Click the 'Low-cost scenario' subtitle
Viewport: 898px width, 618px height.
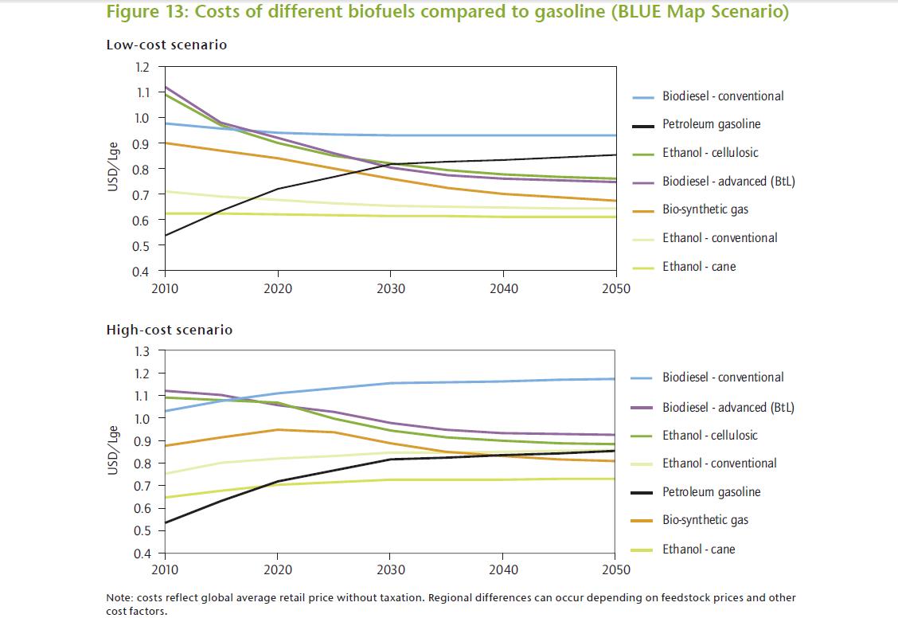click(x=166, y=45)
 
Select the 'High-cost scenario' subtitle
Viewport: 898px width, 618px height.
click(x=170, y=330)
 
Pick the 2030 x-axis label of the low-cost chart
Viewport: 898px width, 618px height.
click(x=389, y=288)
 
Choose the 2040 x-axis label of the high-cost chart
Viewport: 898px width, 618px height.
click(x=502, y=569)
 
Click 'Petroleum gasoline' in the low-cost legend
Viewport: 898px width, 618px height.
click(x=711, y=124)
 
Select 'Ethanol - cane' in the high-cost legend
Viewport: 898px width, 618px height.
click(x=698, y=549)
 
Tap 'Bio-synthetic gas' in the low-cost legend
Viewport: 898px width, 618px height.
click(x=705, y=209)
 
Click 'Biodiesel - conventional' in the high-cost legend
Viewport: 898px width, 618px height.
click(x=723, y=377)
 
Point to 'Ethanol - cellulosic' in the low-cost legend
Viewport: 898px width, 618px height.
click(x=710, y=153)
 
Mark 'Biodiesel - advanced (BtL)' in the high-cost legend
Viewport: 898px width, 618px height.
click(x=728, y=407)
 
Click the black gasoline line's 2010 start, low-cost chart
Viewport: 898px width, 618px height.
click(x=165, y=236)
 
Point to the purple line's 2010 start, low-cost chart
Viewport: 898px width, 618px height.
click(x=165, y=87)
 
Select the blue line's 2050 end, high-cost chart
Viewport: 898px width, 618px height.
click(x=615, y=379)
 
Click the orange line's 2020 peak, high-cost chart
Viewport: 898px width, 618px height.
click(x=277, y=430)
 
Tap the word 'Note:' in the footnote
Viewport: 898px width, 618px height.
click(x=119, y=598)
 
